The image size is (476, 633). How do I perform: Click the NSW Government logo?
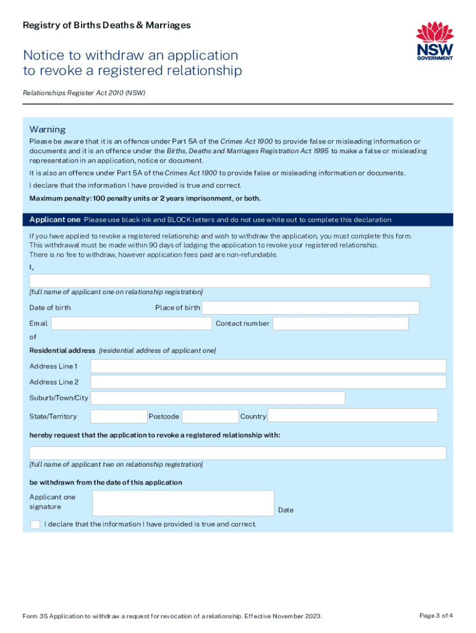click(x=435, y=41)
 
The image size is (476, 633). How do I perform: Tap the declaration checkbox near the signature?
click(x=35, y=525)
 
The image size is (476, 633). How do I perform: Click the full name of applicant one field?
click(x=230, y=281)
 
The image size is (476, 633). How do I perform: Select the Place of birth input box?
click(x=310, y=308)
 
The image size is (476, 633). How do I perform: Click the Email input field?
click(x=131, y=323)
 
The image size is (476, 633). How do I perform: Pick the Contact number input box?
click(x=341, y=323)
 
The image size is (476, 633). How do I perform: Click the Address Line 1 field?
click(x=268, y=366)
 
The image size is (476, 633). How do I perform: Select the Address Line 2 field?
click(x=268, y=382)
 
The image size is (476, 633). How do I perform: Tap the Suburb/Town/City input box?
click(x=218, y=398)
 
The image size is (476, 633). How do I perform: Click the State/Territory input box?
click(x=119, y=416)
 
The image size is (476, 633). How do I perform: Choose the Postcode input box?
click(x=210, y=416)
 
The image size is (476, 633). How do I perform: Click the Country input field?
click(x=352, y=415)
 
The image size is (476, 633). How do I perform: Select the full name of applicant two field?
click(x=238, y=453)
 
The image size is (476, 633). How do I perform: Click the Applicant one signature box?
click(x=183, y=503)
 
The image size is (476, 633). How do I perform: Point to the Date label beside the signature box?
click(x=286, y=510)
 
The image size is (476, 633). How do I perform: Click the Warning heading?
click(x=48, y=130)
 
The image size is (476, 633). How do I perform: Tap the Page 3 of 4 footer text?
click(x=436, y=616)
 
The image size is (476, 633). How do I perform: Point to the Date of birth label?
click(x=50, y=308)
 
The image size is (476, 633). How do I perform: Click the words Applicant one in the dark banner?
click(x=55, y=219)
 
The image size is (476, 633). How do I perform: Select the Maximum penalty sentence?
click(x=145, y=198)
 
